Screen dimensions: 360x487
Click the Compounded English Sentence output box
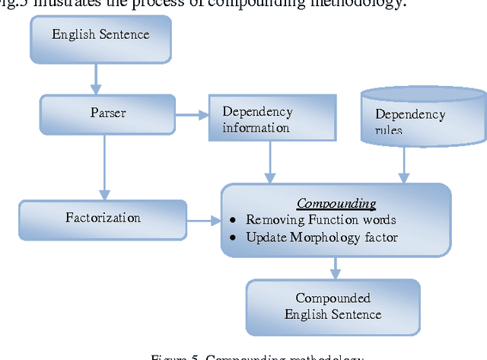pyautogui.click(x=333, y=306)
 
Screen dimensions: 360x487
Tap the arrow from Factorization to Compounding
pyautogui.click(x=203, y=221)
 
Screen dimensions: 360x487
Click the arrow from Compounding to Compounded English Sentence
pyautogui.click(x=335, y=266)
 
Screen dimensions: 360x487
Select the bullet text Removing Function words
pyautogui.click(x=320, y=220)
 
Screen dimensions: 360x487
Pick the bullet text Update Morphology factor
pyautogui.click(x=321, y=237)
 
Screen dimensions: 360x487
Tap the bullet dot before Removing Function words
pyautogui.click(x=234, y=221)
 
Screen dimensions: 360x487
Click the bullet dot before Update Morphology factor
pyautogui.click(x=234, y=238)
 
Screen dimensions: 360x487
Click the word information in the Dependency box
pyautogui.click(x=256, y=127)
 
